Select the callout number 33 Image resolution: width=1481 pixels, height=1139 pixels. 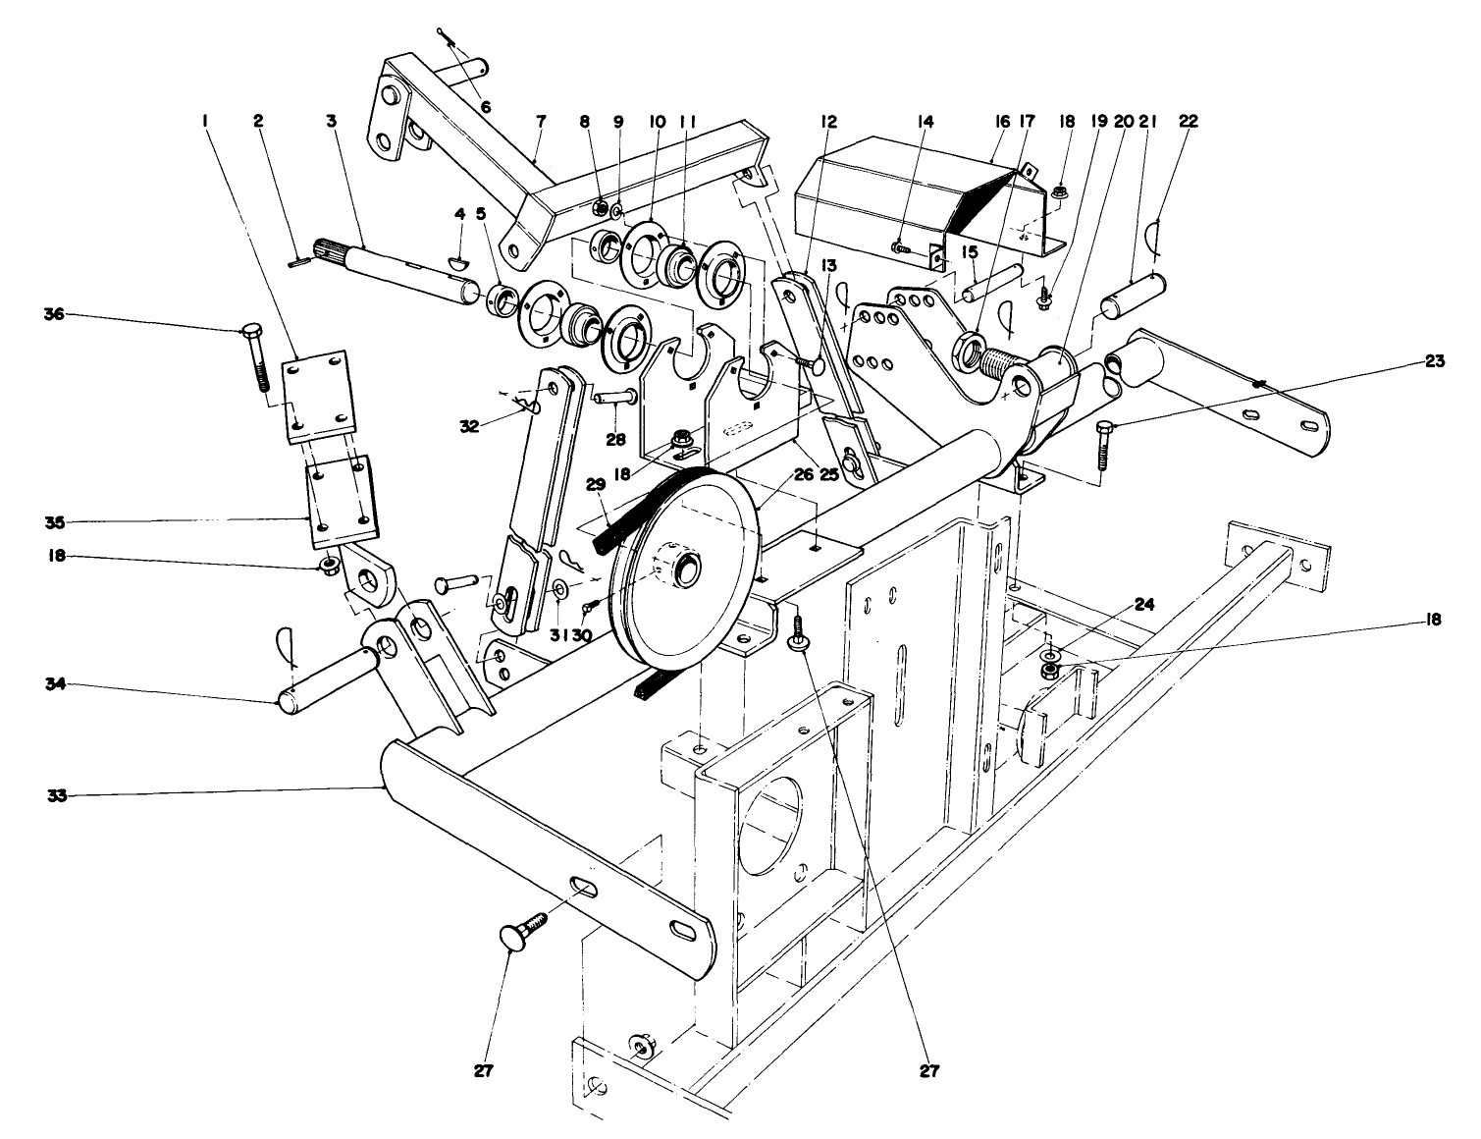(57, 796)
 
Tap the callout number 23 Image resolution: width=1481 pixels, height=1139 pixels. (1435, 361)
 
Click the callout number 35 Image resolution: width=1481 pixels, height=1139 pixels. (57, 520)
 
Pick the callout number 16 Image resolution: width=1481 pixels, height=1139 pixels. (1001, 122)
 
